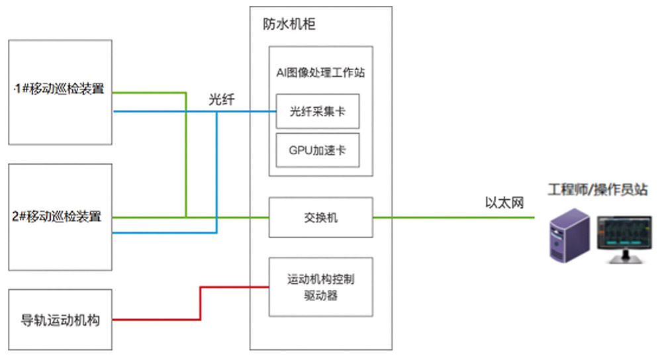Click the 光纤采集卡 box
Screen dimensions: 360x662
[x=318, y=112]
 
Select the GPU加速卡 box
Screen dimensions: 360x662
[x=318, y=150]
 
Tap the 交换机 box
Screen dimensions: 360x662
[x=321, y=217]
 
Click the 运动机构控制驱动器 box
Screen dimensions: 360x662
[x=321, y=287]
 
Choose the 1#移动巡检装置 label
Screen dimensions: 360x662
[x=60, y=89]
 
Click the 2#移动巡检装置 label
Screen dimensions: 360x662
[x=60, y=216]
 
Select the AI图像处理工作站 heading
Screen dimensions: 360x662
[x=321, y=73]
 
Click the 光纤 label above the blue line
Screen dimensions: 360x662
[x=221, y=99]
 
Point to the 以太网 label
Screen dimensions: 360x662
[x=504, y=202]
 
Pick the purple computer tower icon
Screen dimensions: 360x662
[x=567, y=235]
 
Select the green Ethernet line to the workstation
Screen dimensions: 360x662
[x=457, y=217]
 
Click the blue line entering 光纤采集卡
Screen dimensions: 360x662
[x=252, y=111]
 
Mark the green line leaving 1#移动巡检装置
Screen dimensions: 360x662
[x=149, y=93]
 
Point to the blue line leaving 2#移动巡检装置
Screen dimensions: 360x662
[x=165, y=232]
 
